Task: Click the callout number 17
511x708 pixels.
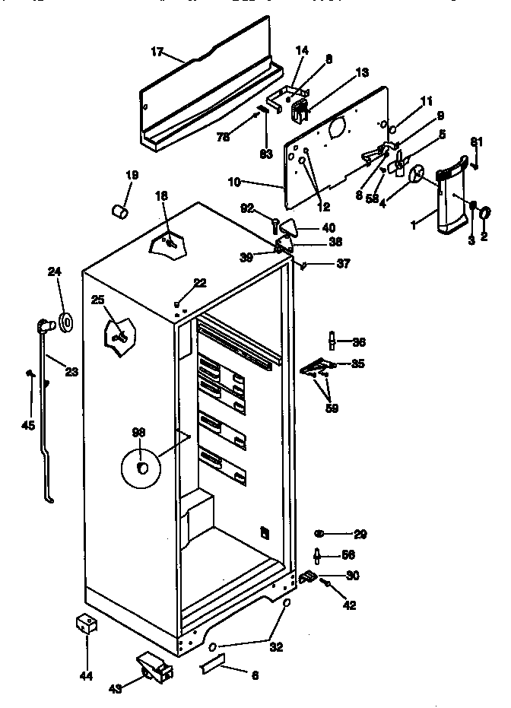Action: (157, 52)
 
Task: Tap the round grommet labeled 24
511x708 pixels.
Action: (67, 322)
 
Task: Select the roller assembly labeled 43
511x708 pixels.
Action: (155, 667)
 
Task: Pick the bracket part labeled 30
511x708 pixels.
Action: (308, 579)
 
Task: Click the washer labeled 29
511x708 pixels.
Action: (319, 535)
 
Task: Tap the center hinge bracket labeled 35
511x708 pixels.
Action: (320, 367)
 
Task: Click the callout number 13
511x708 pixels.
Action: (361, 72)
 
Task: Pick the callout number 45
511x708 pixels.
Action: (28, 424)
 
